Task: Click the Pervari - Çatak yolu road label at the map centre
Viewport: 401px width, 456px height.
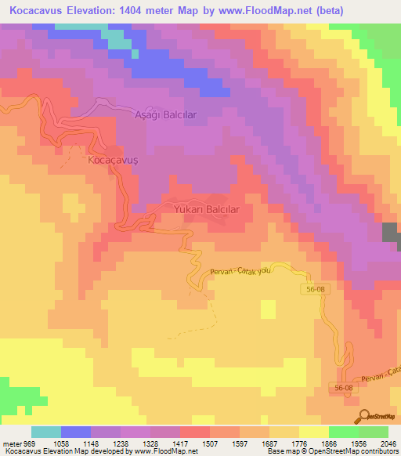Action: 240,271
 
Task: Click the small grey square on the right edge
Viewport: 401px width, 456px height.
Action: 389,232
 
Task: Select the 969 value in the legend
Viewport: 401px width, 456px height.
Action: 30,443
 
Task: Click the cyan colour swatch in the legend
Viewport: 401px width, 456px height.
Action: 46,432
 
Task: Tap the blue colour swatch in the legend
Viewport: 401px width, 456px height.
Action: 76,432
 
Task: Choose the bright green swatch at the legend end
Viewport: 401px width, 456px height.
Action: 373,432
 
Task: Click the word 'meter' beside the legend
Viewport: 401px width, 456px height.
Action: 12,443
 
